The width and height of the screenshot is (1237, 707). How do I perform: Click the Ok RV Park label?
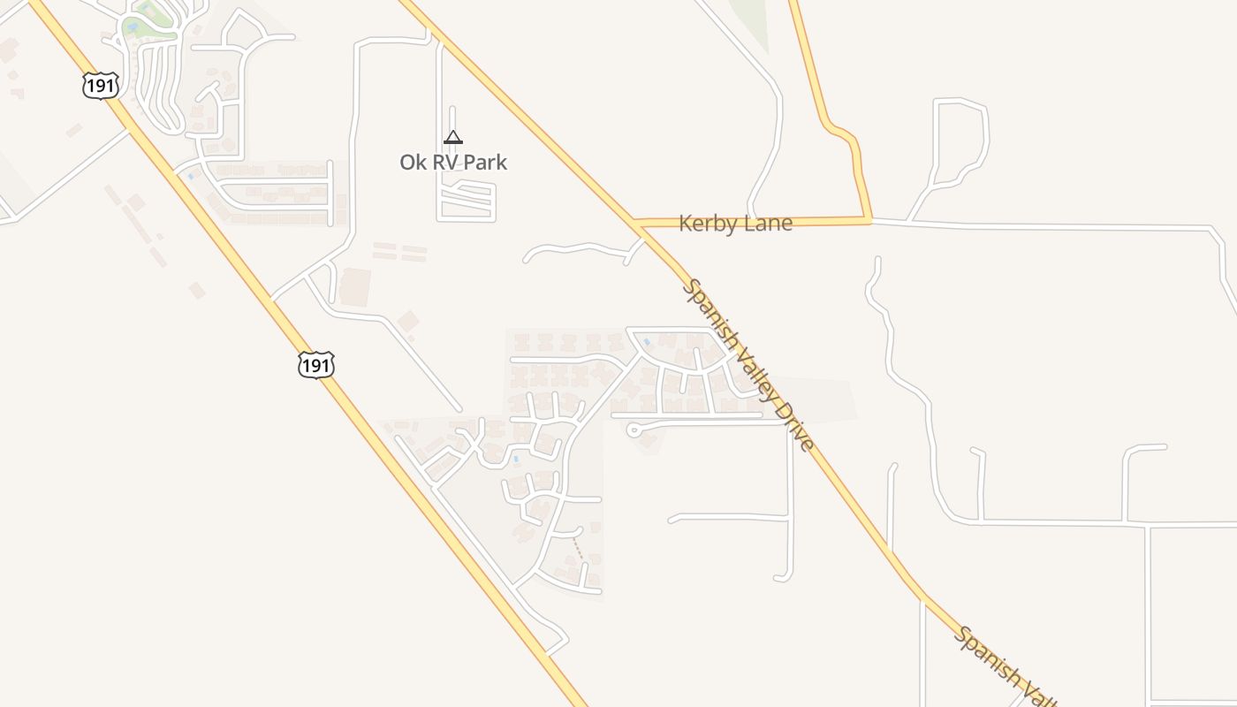pyautogui.click(x=453, y=163)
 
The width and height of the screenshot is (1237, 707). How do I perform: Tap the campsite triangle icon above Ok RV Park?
pyautogui.click(x=453, y=137)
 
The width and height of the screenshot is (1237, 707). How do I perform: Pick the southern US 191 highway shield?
pyautogui.click(x=316, y=364)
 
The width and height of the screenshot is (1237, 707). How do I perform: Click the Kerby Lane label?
pyautogui.click(x=735, y=224)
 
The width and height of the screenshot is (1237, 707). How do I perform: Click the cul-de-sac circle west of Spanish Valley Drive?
pyautogui.click(x=633, y=430)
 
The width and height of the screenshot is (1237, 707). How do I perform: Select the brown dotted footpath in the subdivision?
pyautogui.click(x=578, y=548)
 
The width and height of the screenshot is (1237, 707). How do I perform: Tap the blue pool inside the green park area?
pyautogui.click(x=133, y=27)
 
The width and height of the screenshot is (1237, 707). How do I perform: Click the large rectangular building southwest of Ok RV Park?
pyautogui.click(x=353, y=286)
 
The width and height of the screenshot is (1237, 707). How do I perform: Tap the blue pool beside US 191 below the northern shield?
pyautogui.click(x=189, y=176)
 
